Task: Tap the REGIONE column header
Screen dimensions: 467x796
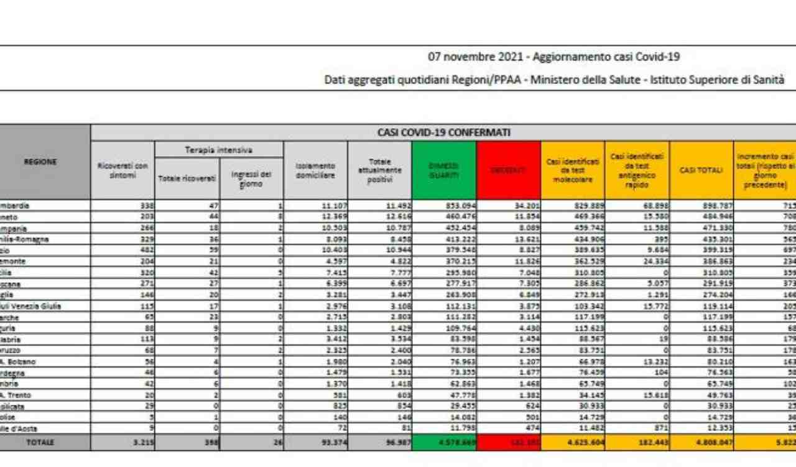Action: (40, 162)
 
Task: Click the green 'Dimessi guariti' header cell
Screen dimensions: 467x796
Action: (443, 170)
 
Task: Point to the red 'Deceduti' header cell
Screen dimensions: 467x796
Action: (508, 170)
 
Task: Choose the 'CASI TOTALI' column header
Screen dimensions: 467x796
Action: (701, 170)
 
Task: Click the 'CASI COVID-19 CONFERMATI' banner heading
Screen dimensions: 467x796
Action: (443, 132)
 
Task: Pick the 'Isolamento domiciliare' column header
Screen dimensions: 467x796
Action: (315, 170)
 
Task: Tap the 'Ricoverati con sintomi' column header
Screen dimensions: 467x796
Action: (123, 170)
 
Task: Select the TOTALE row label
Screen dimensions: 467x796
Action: (40, 442)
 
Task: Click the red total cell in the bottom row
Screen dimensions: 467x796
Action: (508, 443)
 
